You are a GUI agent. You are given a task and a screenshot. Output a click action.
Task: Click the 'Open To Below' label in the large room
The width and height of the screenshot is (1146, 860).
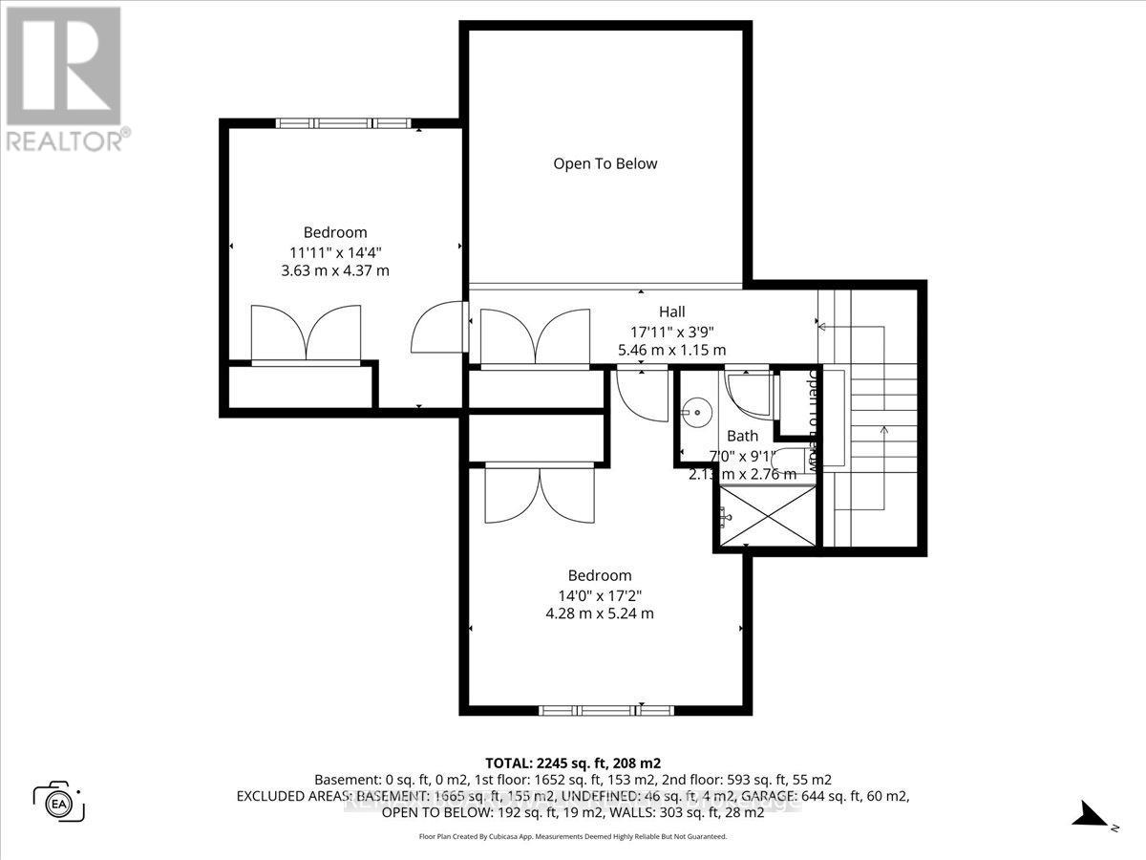point(605,163)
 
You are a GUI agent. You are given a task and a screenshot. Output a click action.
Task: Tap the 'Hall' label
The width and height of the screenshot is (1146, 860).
point(671,312)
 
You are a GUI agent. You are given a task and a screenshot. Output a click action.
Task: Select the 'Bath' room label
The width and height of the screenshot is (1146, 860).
point(742,436)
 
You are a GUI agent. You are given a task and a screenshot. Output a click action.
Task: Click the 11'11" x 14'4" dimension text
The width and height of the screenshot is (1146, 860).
point(334,252)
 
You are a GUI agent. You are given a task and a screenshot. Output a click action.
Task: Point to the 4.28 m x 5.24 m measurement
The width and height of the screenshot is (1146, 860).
point(600,613)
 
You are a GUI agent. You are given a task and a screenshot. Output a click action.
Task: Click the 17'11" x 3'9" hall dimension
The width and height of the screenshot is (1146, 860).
point(671,331)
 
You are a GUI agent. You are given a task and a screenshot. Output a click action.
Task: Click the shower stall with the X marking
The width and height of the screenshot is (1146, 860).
point(768,516)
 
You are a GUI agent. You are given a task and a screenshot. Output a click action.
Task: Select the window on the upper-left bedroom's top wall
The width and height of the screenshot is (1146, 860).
point(342,122)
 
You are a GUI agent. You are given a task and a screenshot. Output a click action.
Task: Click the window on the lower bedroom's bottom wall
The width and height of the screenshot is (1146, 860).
point(605,710)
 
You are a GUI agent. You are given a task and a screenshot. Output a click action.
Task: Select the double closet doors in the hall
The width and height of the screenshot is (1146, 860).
point(535,336)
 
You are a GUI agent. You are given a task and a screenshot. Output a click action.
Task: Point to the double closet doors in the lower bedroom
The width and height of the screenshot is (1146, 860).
point(541,493)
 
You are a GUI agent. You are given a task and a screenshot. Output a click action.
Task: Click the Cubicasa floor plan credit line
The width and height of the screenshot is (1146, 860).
point(573,836)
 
